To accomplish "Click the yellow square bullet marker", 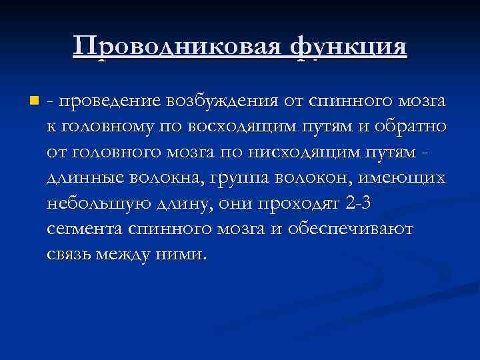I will pos(34,102).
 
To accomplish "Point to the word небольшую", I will pos(100,203).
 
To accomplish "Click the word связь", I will pos(71,254).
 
